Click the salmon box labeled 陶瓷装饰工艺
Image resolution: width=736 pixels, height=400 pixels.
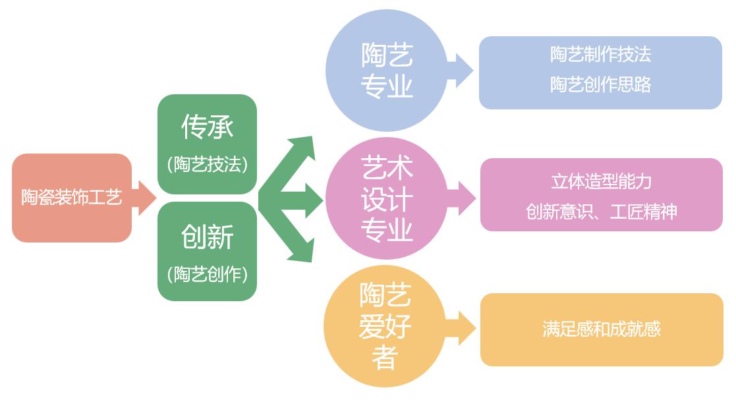click(71, 198)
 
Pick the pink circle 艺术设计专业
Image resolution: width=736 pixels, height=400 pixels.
click(387, 198)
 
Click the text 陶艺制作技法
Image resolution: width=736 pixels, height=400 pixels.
click(600, 55)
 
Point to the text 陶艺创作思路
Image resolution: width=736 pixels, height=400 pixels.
click(600, 84)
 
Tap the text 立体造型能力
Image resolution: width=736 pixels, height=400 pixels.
click(601, 181)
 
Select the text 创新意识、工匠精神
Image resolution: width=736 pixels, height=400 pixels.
click(601, 212)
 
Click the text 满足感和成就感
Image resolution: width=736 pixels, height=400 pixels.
click(601, 329)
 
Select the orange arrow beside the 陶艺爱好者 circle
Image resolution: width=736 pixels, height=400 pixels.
click(464, 328)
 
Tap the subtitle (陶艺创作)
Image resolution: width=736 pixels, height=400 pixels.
click(207, 273)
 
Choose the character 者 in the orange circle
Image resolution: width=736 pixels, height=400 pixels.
click(385, 358)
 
